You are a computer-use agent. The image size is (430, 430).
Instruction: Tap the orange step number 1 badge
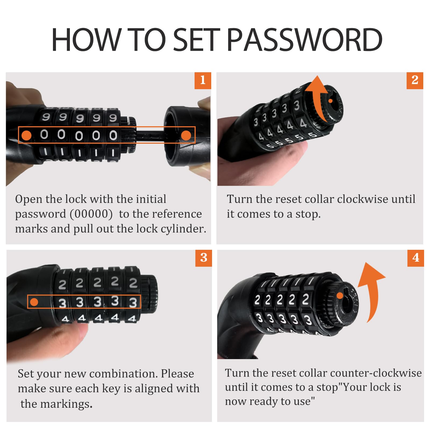[203, 80]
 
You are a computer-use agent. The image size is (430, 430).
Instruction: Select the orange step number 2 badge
[415, 80]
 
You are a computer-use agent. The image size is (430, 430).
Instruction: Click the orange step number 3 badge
[204, 258]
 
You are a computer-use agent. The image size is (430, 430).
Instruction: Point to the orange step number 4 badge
[415, 258]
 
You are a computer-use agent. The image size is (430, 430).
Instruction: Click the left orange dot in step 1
[26, 135]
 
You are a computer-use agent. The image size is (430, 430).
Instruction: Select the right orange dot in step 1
[186, 135]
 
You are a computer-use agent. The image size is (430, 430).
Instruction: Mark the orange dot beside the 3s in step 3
[34, 302]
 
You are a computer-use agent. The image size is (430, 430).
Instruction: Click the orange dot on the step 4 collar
[340, 296]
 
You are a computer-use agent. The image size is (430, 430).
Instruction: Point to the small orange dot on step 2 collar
[331, 101]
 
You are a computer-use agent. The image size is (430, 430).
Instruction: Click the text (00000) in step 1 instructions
[91, 214]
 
